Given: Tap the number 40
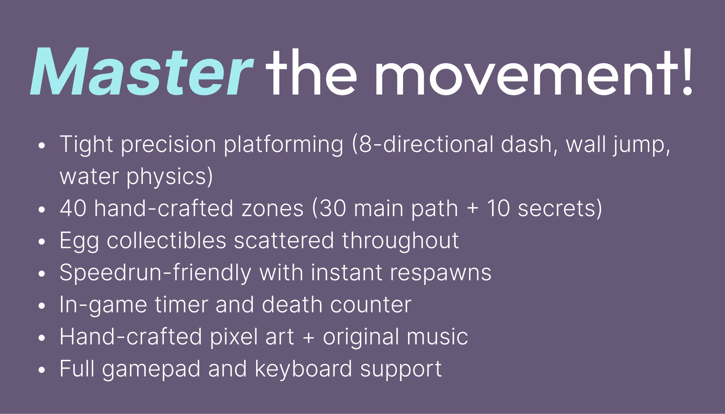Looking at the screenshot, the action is pos(73,208).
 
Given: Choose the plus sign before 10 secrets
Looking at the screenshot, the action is pos(473,209).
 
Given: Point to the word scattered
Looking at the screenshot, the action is pos(284,240).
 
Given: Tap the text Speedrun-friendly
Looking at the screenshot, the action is pos(155,273).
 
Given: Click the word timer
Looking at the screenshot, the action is pos(181,305).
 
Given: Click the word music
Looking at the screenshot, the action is pos(437,337).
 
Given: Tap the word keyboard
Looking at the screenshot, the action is pos(303,369).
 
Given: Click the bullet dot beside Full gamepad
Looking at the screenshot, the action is pos(41,370).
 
